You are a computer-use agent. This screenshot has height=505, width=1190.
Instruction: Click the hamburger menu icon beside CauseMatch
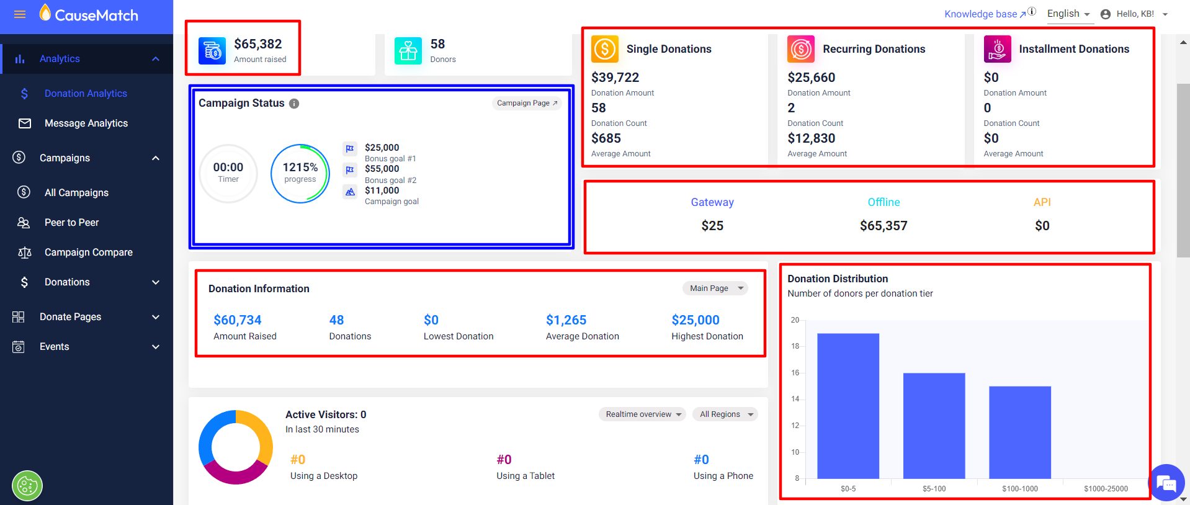click(20, 15)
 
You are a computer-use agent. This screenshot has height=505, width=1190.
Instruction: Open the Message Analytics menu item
click(86, 123)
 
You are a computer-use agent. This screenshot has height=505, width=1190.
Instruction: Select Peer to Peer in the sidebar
click(71, 223)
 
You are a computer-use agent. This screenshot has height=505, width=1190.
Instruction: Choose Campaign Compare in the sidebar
click(88, 253)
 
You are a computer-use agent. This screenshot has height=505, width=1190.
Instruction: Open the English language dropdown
click(1068, 14)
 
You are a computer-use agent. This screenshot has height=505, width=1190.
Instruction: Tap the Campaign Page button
click(527, 103)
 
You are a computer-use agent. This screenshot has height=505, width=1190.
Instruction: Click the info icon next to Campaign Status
click(294, 104)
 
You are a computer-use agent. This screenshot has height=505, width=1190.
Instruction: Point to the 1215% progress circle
click(300, 173)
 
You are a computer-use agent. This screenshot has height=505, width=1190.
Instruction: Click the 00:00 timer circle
click(228, 173)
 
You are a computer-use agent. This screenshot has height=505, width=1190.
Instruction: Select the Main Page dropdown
click(715, 288)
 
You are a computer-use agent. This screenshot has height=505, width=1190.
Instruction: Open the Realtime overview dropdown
click(643, 414)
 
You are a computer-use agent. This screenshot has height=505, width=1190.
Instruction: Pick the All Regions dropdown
click(725, 414)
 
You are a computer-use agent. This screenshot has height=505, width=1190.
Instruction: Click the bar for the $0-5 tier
click(848, 406)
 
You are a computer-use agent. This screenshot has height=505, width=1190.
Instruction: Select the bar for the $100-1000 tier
click(1020, 432)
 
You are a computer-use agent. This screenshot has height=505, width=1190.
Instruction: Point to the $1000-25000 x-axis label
click(1106, 489)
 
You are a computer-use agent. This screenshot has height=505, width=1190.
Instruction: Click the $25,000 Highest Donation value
click(696, 320)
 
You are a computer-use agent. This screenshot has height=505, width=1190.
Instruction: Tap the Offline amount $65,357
click(884, 226)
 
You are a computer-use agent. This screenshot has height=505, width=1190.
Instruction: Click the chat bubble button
click(1166, 483)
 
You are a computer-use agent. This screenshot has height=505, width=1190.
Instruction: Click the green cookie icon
click(27, 486)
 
